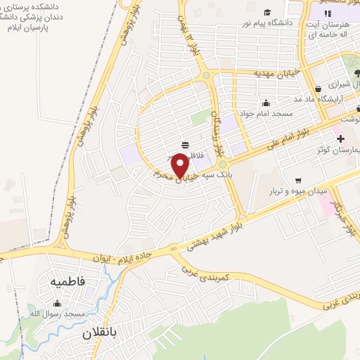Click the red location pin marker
click(x=180, y=166)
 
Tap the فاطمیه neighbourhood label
click(x=67, y=281)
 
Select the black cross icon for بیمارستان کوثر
click(x=340, y=138)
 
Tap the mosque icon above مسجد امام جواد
click(x=264, y=103)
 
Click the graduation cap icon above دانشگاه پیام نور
click(x=267, y=12)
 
